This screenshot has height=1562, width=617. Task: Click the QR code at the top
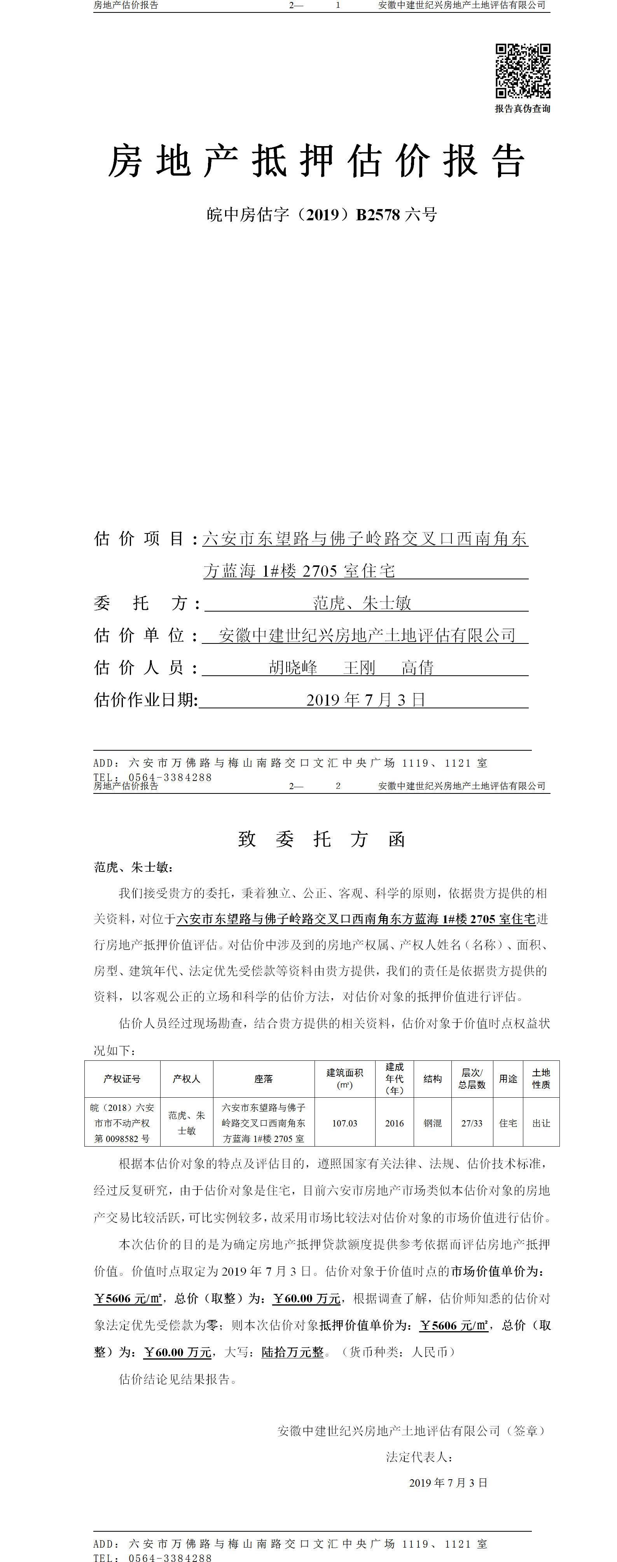tap(523, 70)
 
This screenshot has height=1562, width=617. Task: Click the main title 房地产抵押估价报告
tap(316, 161)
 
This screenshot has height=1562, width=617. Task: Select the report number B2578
tap(378, 214)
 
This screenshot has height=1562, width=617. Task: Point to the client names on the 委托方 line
tap(362, 603)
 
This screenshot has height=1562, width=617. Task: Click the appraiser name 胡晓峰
tap(293, 668)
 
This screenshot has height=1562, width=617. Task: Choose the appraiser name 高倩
tap(418, 668)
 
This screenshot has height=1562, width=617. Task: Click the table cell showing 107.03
tap(344, 1123)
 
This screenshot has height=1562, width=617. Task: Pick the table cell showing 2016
tap(394, 1123)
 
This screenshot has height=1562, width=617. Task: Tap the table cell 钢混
tap(433, 1123)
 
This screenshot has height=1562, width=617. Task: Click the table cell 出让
tap(541, 1123)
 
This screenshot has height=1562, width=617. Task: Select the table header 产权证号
tap(122, 1079)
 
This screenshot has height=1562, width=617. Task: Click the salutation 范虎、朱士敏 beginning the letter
tap(132, 868)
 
